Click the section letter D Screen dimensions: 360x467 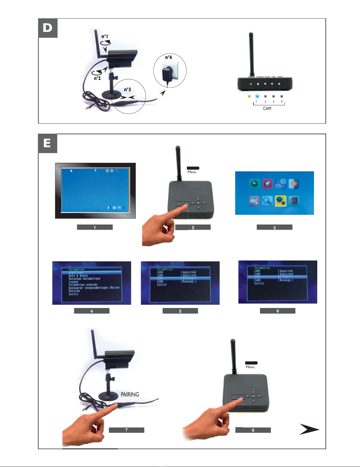(x=48, y=28)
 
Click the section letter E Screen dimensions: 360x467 (x=47, y=143)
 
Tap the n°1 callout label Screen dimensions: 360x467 (x=105, y=37)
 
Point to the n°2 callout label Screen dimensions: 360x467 (x=97, y=78)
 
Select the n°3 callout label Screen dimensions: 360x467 (x=127, y=90)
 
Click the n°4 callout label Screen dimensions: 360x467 (x=168, y=58)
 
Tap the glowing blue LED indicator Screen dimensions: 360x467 (x=257, y=96)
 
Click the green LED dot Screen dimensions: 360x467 (x=249, y=96)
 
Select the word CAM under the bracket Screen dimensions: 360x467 (x=267, y=109)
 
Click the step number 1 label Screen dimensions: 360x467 (x=95, y=227)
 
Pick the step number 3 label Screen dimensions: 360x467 (x=274, y=227)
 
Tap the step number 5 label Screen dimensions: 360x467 (x=180, y=311)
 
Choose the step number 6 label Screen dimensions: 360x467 (x=277, y=311)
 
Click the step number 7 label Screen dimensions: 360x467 (x=126, y=430)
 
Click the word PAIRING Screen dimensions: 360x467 (x=130, y=394)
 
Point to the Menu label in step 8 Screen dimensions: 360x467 (x=250, y=367)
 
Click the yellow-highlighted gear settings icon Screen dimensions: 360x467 (x=280, y=201)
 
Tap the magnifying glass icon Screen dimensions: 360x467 (x=267, y=201)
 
